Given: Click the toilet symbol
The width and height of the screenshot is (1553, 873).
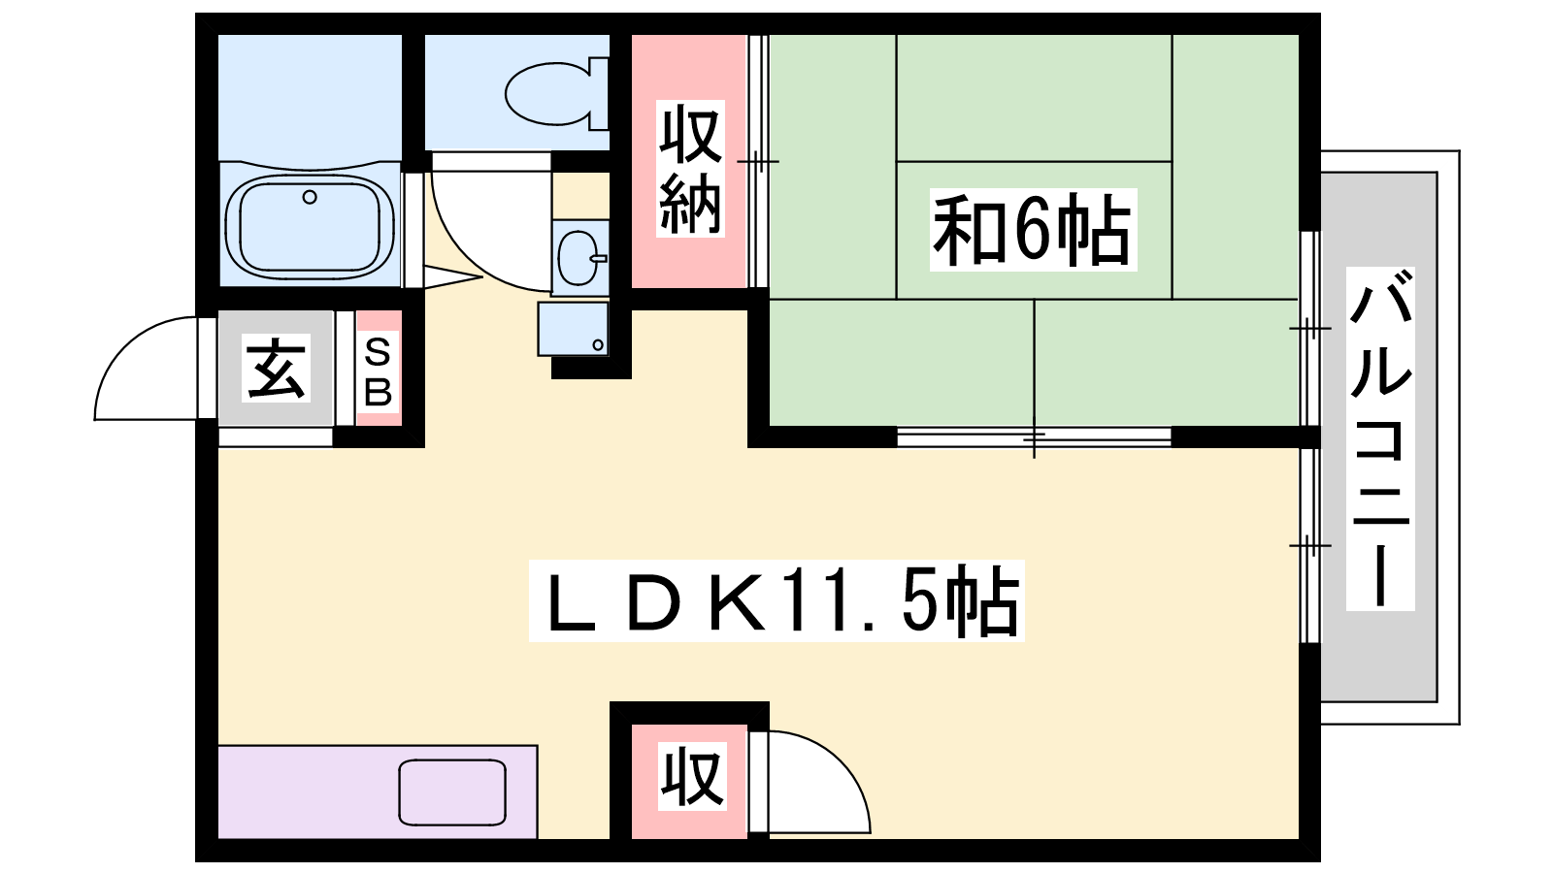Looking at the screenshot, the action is (557, 93).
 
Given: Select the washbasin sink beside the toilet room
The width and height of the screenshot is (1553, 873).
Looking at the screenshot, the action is (580, 258).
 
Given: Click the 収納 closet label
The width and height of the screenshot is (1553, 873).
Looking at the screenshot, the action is (690, 169).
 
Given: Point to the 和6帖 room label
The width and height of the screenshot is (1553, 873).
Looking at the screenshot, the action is (1033, 229).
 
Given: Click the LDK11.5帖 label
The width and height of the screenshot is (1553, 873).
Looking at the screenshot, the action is (776, 600).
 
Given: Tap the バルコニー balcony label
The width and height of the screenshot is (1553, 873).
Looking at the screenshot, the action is (1379, 438).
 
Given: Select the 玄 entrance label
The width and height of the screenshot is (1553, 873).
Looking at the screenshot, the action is (276, 368).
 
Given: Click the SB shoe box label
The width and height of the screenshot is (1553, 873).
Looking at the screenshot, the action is (378, 372).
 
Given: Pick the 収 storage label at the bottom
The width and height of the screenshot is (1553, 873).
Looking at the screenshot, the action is (692, 777).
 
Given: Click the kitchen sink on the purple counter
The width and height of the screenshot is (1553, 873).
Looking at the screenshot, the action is (452, 792).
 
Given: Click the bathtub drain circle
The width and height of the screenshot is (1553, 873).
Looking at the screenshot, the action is (310, 198).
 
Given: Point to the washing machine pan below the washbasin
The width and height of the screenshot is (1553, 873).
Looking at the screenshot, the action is (574, 329).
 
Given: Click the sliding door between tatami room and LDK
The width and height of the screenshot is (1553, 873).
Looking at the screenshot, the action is (1034, 436).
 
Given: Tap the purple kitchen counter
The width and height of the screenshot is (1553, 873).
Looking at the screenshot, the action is (378, 792).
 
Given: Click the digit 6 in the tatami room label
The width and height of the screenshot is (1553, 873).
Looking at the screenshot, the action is (1031, 229).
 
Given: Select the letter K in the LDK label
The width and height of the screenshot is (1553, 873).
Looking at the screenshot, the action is (738, 601).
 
